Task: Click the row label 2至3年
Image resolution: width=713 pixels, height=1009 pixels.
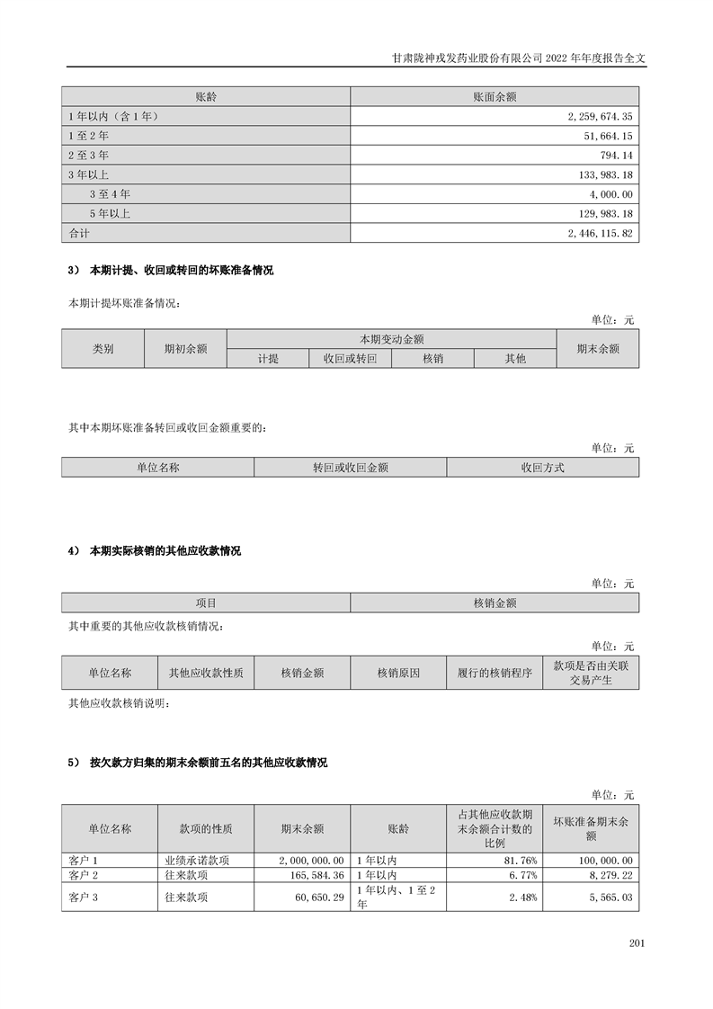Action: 89,156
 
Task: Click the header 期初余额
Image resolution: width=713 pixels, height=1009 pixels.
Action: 185,349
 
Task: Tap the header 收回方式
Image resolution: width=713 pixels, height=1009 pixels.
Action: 542,468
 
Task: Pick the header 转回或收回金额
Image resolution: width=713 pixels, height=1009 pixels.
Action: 350,468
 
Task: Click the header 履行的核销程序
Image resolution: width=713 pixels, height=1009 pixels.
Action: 495,672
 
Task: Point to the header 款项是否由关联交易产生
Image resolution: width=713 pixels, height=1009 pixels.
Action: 591,672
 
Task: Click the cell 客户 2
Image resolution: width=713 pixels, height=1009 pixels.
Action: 83,875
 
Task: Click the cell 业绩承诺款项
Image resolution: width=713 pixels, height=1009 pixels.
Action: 191,861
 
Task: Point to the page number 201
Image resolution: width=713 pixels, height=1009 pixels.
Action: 637,943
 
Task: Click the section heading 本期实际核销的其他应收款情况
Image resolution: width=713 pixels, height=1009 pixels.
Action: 165,550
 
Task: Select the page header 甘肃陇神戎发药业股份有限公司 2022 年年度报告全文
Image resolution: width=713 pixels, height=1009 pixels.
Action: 520,56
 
